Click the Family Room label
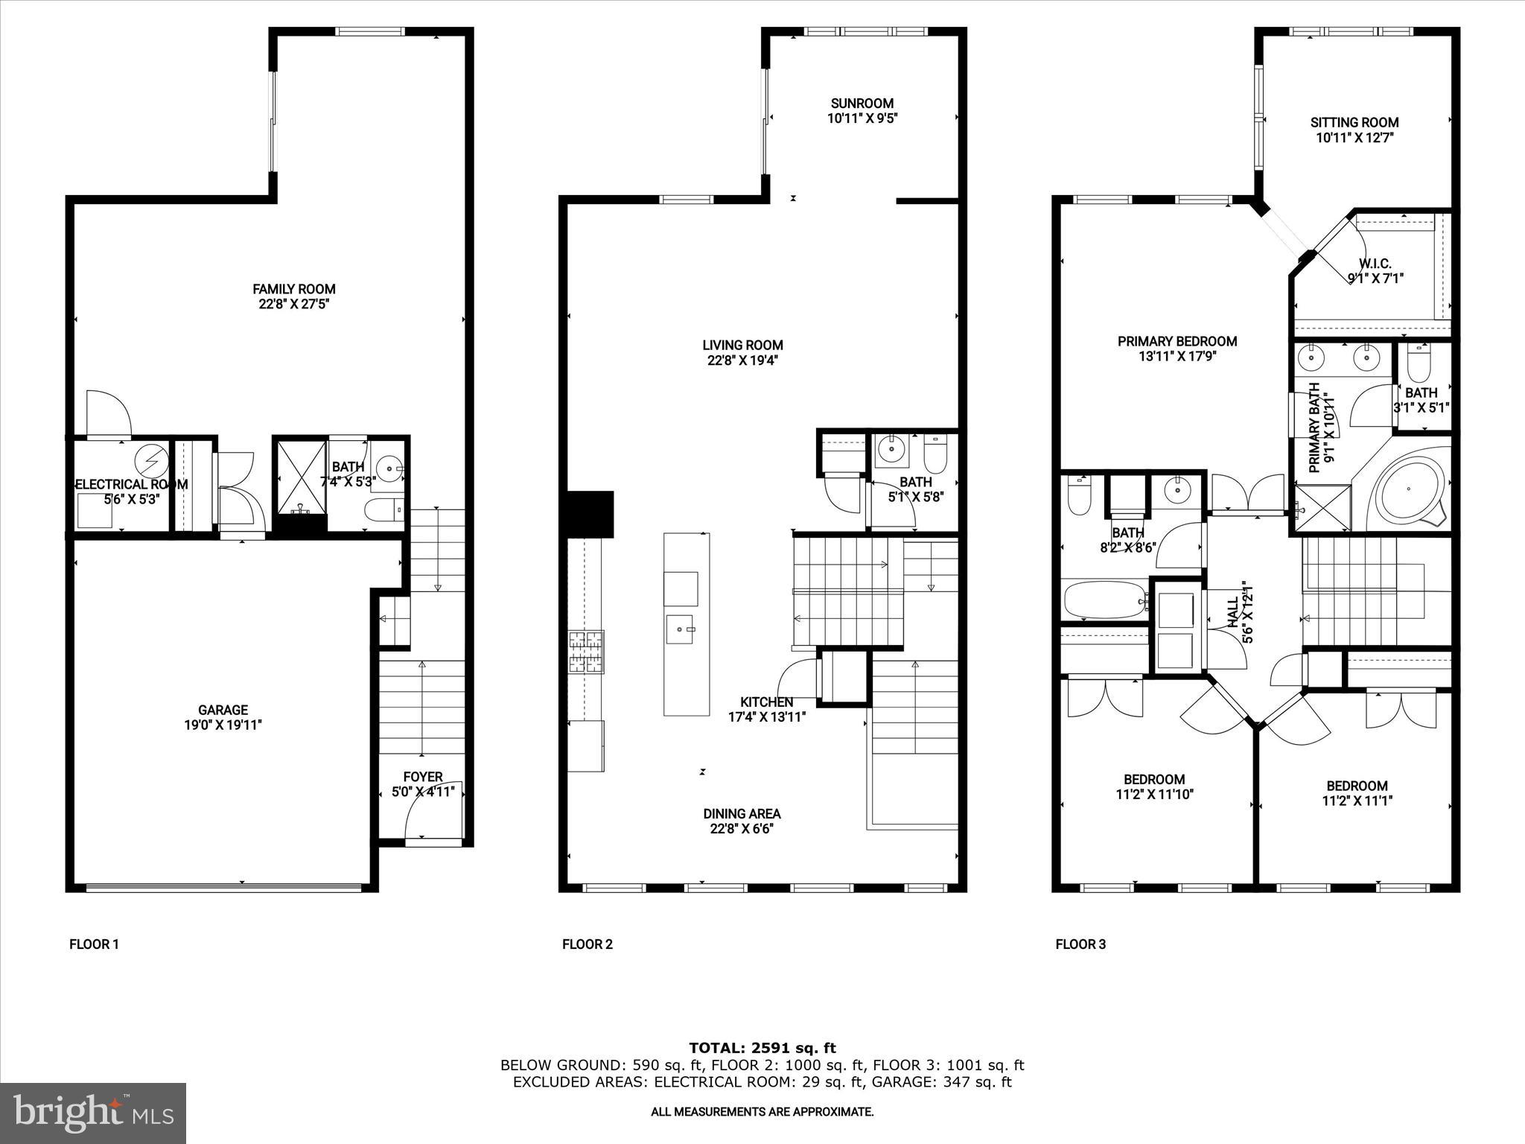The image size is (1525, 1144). [x=293, y=289]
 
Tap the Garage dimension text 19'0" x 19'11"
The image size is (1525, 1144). [x=223, y=725]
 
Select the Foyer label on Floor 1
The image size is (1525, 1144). [x=423, y=777]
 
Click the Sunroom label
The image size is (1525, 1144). [x=862, y=104]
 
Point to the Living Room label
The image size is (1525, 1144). [x=742, y=345]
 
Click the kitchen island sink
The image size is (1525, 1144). [x=681, y=629]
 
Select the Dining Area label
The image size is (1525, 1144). [x=742, y=814]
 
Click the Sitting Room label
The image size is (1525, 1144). [x=1354, y=123]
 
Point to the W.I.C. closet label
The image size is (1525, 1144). [x=1375, y=264]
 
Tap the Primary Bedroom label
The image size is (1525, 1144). [x=1177, y=341]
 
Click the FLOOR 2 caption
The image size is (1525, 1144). [x=587, y=944]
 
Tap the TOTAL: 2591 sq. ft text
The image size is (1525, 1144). [x=762, y=1048]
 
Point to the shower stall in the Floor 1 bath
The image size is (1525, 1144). [x=301, y=477]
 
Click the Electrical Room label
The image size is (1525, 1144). [x=131, y=484]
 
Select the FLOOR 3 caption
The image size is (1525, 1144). [x=1080, y=944]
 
